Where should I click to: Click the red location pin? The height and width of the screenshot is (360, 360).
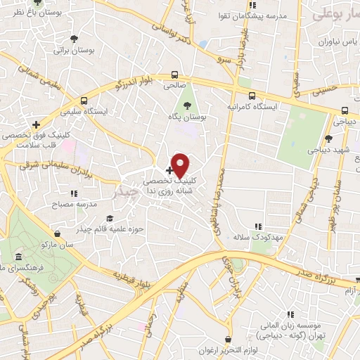click(x=181, y=165)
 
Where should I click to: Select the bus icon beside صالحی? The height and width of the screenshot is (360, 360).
click(x=174, y=75)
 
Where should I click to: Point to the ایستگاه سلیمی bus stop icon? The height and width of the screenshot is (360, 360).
click(x=84, y=101)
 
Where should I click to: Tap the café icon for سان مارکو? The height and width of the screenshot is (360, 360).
click(x=56, y=233)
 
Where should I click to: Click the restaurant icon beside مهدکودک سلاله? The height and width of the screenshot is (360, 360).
click(x=258, y=226)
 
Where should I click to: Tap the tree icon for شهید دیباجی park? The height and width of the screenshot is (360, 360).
click(x=329, y=139)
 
